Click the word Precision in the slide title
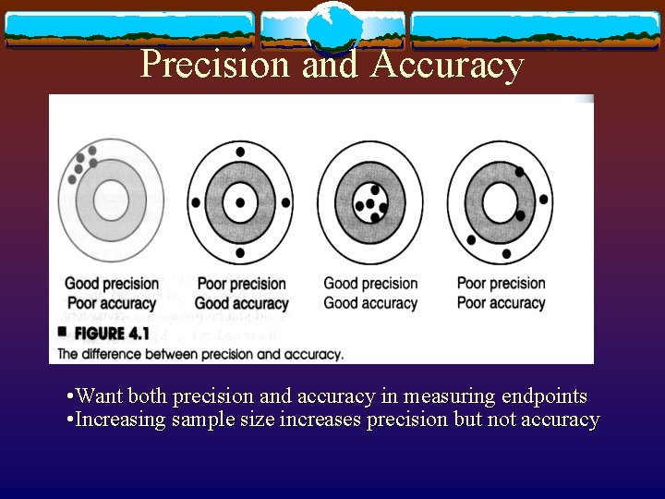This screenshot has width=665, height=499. tap(216, 65)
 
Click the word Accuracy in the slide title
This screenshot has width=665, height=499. tap(448, 65)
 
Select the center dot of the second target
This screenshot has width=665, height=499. tap(240, 202)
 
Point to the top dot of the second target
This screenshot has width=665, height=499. tap(240, 152)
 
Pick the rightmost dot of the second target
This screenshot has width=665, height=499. tap(285, 202)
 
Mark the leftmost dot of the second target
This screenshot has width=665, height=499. tap(195, 202)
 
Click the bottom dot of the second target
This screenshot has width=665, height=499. tap(240, 252)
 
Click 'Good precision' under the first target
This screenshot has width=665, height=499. tap(111, 284)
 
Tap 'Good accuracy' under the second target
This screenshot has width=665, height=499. tap(241, 303)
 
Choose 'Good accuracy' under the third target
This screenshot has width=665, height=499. tap(370, 303)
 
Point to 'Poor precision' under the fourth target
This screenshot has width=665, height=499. tap(502, 283)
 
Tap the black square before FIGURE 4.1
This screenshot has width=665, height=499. tap(63, 331)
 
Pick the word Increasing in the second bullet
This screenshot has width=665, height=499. tap(121, 420)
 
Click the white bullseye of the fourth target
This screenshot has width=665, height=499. tap(500, 202)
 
